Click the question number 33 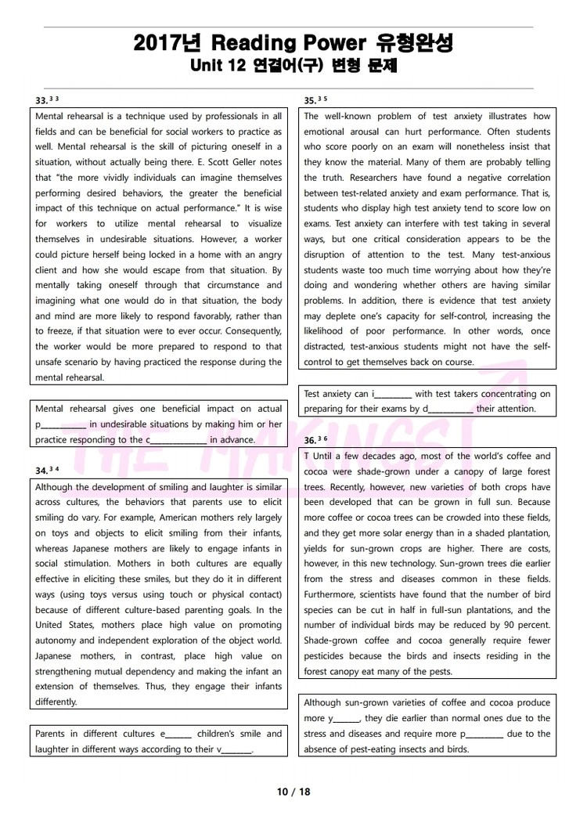[x=41, y=101]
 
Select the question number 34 [x=41, y=471]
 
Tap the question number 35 [x=310, y=101]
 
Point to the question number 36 [x=310, y=441]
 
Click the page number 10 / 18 [x=293, y=792]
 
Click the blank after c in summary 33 [x=178, y=441]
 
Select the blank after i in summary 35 [x=394, y=395]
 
